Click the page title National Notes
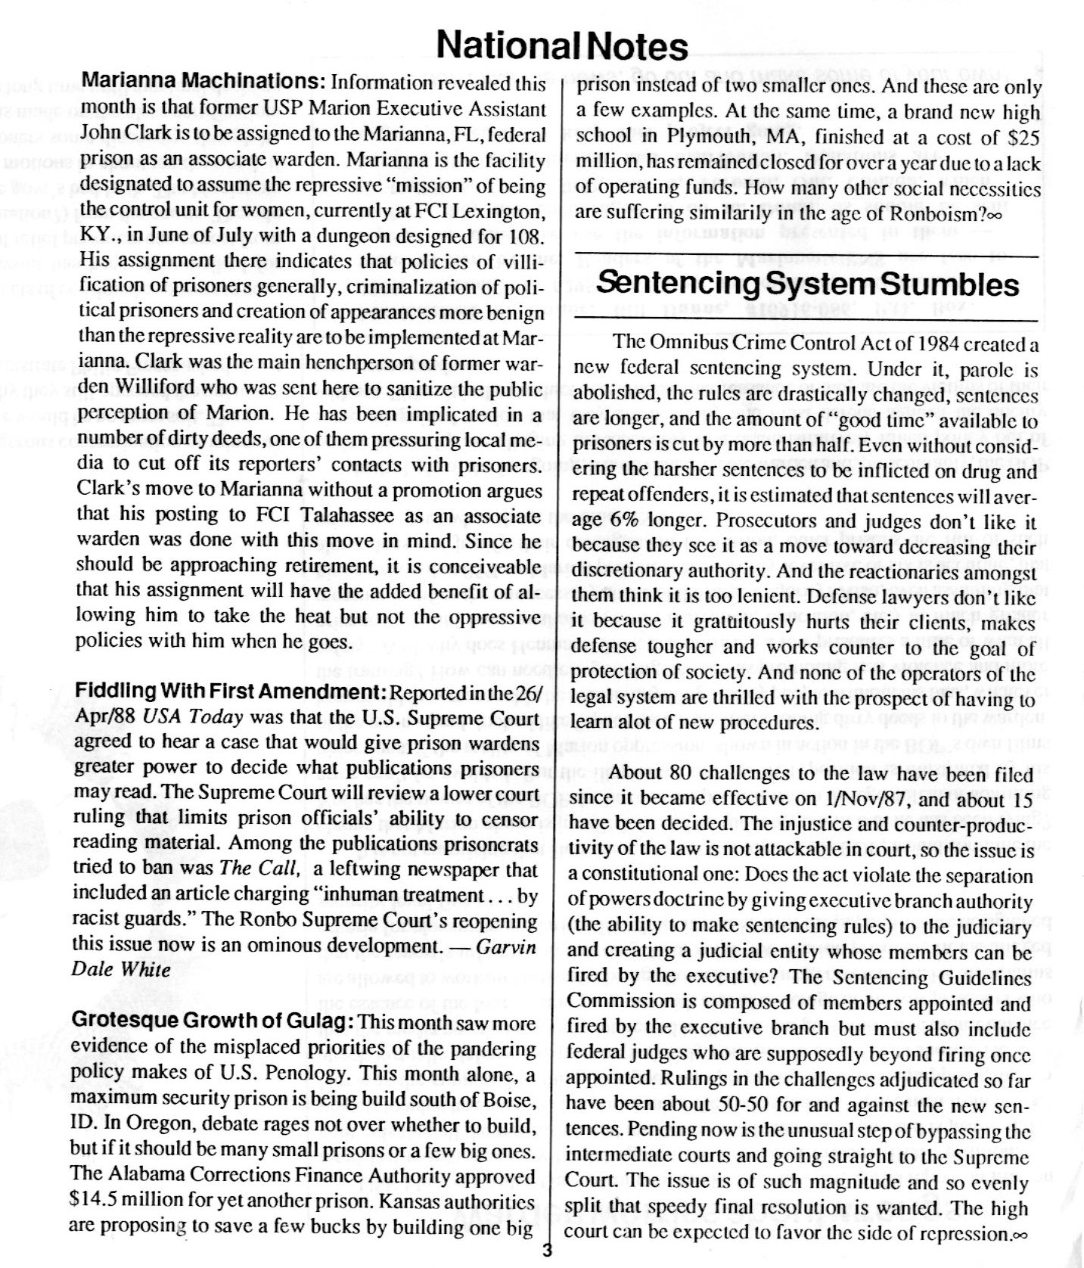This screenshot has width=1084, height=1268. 563,46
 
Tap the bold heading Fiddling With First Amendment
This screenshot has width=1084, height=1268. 230,692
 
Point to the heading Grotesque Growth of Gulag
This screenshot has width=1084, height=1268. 213,1021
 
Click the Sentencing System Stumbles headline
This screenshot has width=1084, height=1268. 807,285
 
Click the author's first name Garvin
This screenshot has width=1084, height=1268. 508,947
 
